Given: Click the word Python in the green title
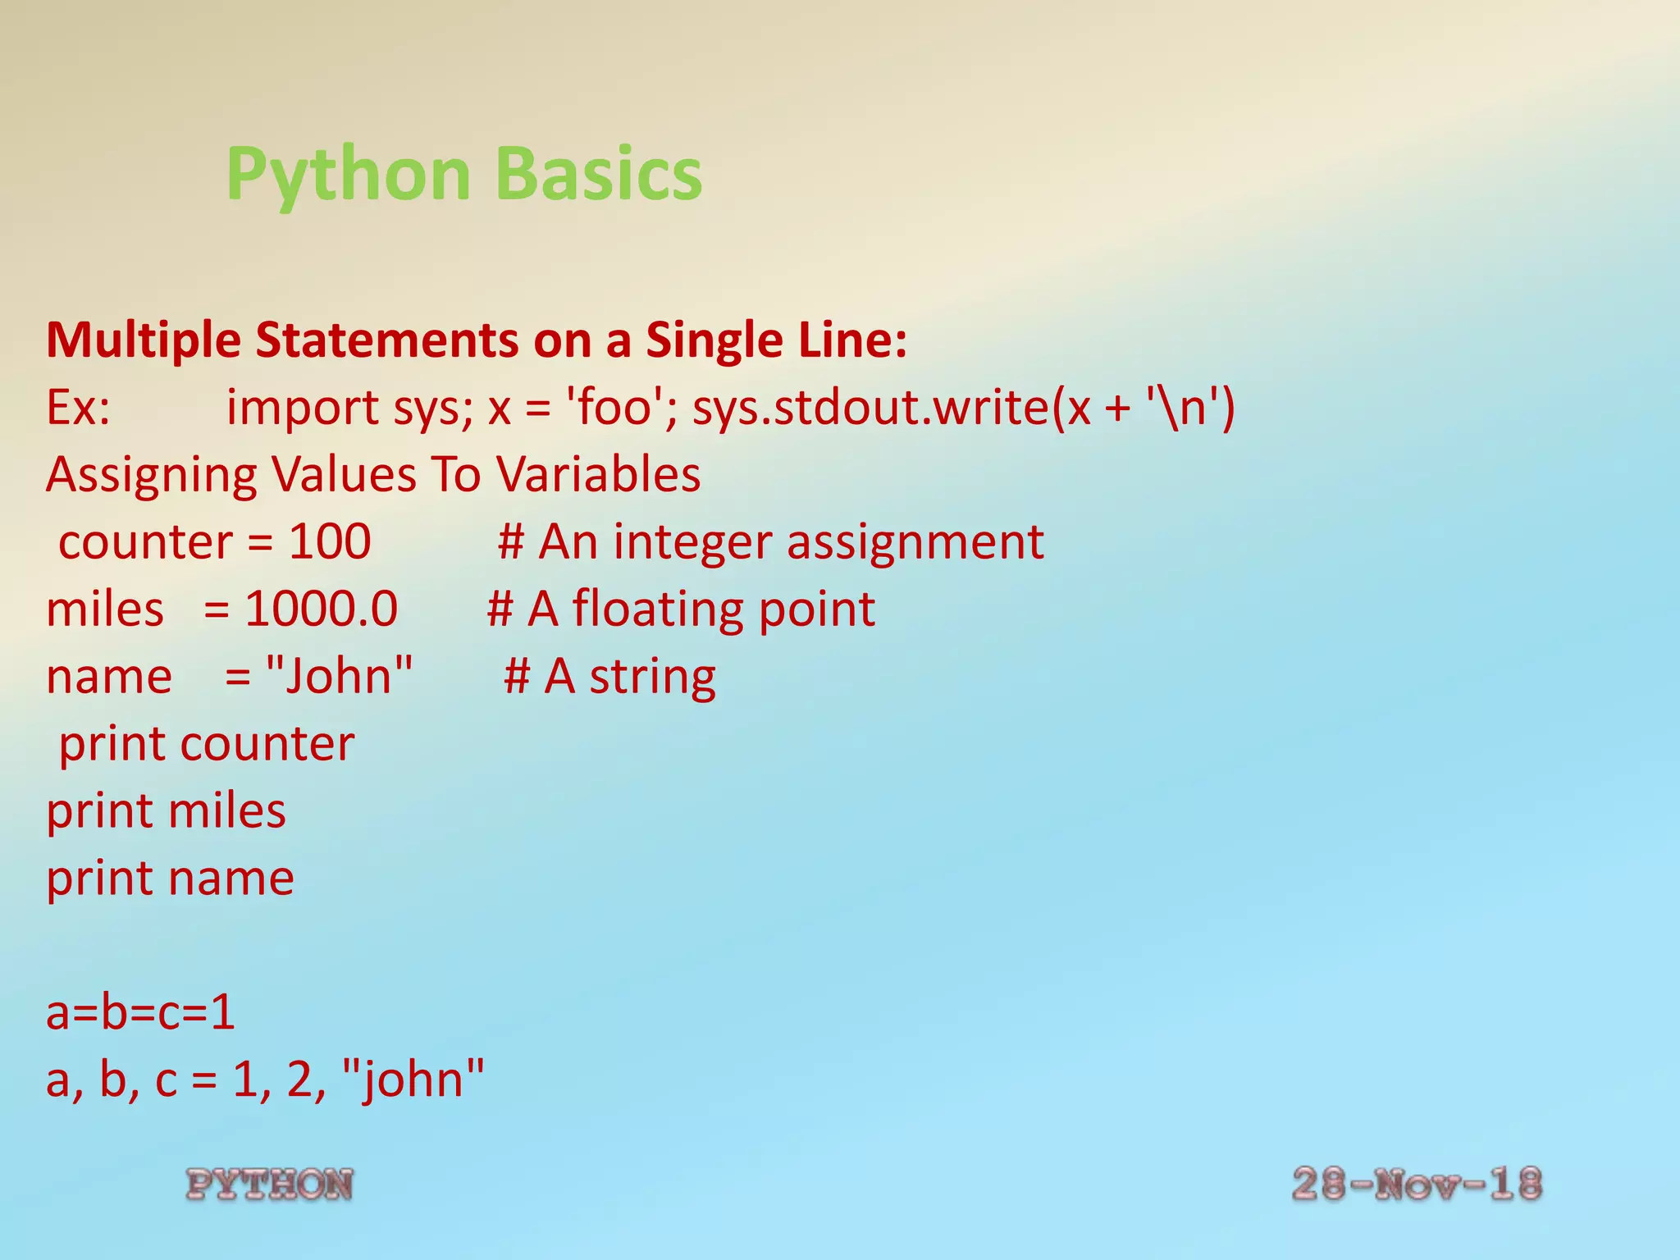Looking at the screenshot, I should coord(349,174).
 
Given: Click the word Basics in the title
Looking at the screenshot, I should coord(599,174).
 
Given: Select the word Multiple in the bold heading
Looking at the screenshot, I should coord(144,340).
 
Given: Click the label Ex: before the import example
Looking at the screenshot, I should coord(78,408).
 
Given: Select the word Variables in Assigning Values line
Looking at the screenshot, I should coord(598,475).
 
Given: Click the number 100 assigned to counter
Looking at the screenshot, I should coord(330,542).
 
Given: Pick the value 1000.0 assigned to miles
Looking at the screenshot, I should coord(321,609).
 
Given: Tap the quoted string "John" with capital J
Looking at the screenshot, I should coord(340,677).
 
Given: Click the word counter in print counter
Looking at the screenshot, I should coord(267,744).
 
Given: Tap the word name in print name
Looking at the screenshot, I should coord(231,879).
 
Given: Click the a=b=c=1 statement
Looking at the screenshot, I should coord(140,1013).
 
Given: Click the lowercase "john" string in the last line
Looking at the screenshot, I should coord(412,1080).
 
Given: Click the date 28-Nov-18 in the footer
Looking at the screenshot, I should coord(1417,1185).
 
